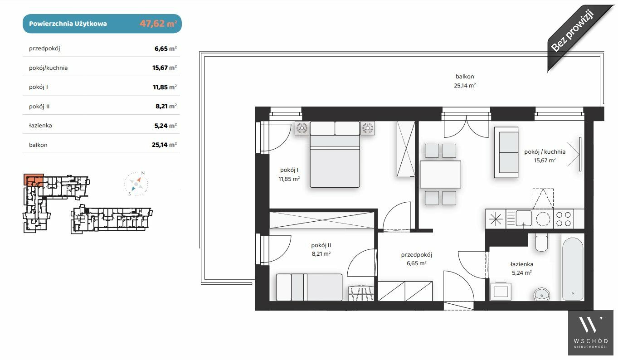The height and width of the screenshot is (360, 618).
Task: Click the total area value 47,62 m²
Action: [158, 24]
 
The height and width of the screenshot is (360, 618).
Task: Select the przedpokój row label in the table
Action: [44, 49]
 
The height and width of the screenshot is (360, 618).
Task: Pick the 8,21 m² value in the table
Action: [166, 106]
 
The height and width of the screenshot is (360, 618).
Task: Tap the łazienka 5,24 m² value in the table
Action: [165, 126]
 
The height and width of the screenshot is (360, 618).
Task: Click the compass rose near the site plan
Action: [136, 184]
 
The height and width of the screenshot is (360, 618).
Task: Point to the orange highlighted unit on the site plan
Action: [34, 180]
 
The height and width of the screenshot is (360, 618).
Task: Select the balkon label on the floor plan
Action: [465, 77]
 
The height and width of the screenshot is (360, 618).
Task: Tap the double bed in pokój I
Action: [335, 155]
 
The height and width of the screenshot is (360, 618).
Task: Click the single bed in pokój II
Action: [309, 287]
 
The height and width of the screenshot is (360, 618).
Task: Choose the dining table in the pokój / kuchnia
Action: [440, 175]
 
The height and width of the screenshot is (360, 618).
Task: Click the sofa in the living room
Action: [506, 152]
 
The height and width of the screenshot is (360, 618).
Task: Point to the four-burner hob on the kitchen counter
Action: [564, 219]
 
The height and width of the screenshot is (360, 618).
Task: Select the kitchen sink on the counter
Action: [519, 219]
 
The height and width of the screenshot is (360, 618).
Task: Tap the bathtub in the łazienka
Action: [573, 269]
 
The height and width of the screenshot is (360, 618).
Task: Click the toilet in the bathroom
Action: [541, 243]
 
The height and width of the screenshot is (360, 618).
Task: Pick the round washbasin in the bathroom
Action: [542, 294]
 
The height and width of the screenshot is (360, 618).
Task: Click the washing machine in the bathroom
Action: [501, 292]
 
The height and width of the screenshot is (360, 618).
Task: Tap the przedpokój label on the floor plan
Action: [416, 255]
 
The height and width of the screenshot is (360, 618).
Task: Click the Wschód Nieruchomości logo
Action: [591, 333]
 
